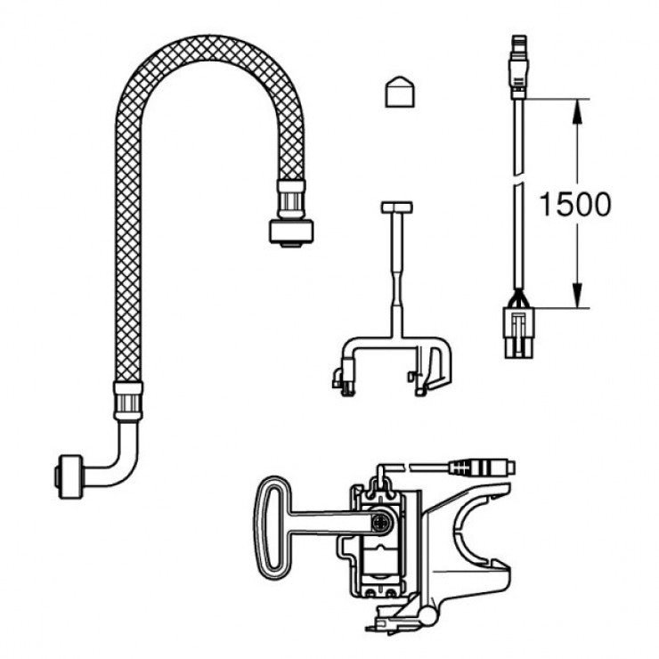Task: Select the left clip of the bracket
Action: click(x=343, y=378)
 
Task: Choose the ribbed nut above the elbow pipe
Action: click(x=126, y=402)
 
